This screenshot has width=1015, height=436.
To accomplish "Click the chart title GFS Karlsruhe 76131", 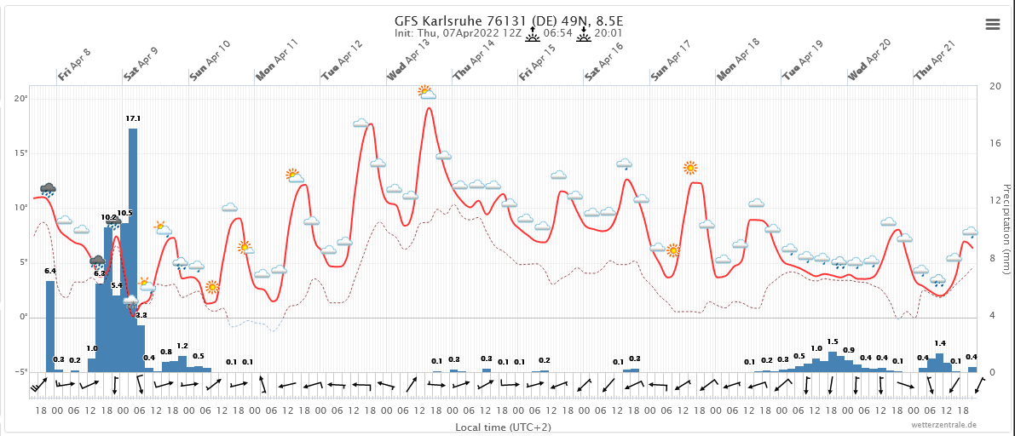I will pos(507,20).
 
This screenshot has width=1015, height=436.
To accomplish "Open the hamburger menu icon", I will pos(993,24).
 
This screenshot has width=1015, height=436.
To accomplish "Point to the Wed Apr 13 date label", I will pos(408,71).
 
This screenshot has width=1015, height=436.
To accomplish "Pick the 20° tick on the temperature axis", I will pos(21,99).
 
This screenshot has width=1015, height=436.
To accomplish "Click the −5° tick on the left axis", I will pos(21,372).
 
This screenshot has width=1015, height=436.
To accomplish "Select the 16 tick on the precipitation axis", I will pos(995,143).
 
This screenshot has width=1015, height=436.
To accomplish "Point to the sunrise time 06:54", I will pos(557,34).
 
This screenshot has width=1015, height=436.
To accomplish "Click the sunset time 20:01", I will pos(608,34).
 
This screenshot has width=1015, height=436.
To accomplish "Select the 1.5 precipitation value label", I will pos(833,342).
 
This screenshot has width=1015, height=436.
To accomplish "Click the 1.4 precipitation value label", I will pos(940,343).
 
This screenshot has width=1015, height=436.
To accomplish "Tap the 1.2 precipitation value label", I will pos(182,347).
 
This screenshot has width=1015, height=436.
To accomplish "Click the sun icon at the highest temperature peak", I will pos(424,90).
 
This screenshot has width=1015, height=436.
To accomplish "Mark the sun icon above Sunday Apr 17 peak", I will pos(690,168).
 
